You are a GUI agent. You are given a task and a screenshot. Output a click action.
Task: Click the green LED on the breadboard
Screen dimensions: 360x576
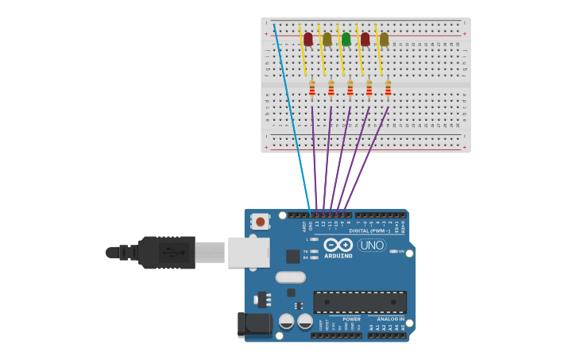346,39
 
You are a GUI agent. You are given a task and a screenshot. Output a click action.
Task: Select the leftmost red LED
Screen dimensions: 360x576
307,39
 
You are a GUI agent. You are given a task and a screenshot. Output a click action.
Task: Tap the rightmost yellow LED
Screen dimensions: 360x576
384,39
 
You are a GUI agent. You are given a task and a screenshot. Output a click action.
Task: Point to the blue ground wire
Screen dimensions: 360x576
290,111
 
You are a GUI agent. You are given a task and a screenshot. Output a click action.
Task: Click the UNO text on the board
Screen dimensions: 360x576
372,246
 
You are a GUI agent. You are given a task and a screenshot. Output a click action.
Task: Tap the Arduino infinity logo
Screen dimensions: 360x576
338,246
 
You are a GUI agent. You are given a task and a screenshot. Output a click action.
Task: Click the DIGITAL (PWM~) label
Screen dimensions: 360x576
375,231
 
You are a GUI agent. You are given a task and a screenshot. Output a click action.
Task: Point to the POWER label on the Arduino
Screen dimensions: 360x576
351,319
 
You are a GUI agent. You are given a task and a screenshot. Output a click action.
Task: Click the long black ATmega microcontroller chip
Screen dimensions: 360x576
359,302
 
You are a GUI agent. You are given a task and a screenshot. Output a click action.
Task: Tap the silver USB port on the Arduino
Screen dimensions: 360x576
248,252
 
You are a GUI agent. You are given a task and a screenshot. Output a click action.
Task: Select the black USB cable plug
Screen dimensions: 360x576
167,252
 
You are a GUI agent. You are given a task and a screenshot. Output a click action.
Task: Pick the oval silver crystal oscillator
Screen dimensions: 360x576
291,277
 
